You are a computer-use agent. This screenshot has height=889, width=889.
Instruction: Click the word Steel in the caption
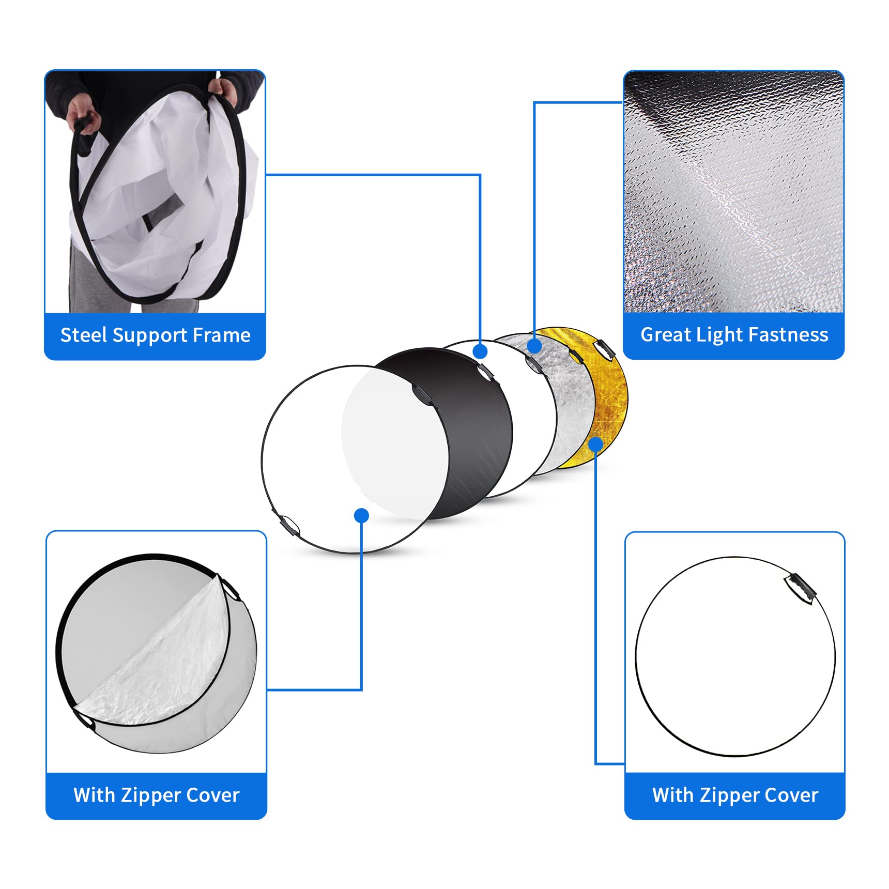(84, 335)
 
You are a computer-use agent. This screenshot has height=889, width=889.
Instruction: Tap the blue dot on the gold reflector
(595, 444)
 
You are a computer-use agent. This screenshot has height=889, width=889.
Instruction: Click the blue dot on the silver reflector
(534, 345)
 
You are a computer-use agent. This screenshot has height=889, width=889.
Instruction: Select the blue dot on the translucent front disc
(361, 515)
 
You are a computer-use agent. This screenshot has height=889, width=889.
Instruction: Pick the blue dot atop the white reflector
(480, 351)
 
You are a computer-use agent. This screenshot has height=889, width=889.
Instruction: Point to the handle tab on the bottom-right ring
(800, 588)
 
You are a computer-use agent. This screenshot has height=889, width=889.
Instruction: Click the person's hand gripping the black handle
(83, 115)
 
